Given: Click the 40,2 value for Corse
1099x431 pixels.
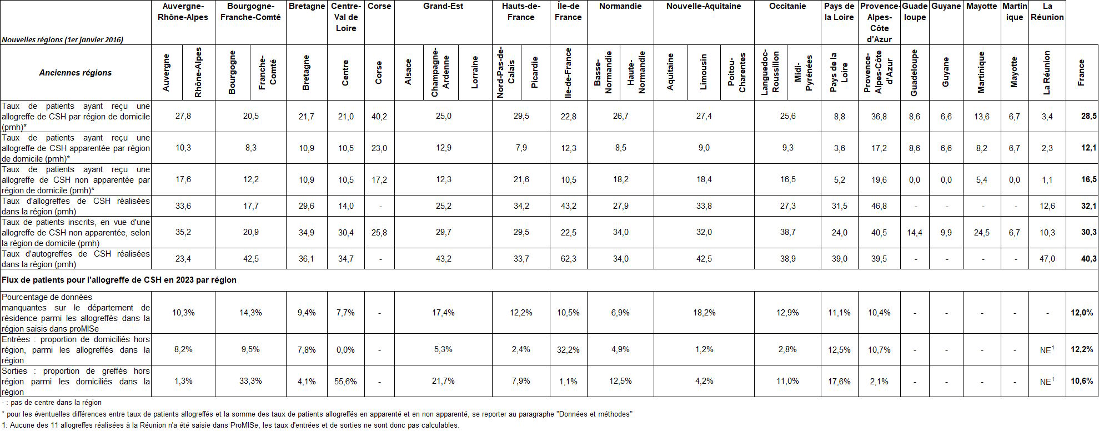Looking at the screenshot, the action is pyautogui.click(x=379, y=117).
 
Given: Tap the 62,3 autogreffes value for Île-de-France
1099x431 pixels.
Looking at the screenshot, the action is pyautogui.click(x=568, y=259).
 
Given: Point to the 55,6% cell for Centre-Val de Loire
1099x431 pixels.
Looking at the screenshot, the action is pyautogui.click(x=345, y=382).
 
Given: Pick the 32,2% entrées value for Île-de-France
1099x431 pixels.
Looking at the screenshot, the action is pyautogui.click(x=568, y=350).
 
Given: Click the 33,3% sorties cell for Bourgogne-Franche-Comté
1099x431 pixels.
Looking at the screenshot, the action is pyautogui.click(x=250, y=382).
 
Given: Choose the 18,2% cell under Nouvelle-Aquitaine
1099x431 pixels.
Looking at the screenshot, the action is pyautogui.click(x=704, y=313).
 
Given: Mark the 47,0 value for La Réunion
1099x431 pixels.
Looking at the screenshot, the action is pyautogui.click(x=1047, y=259).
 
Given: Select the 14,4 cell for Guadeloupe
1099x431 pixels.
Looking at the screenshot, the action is pyautogui.click(x=914, y=233).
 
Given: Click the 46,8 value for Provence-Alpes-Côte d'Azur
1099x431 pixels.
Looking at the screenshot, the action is pyautogui.click(x=879, y=206).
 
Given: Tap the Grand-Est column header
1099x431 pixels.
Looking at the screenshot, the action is pyautogui.click(x=443, y=6).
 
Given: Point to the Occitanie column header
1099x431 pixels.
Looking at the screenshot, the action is pyautogui.click(x=787, y=6).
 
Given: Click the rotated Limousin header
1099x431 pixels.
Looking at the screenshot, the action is pyautogui.click(x=704, y=72).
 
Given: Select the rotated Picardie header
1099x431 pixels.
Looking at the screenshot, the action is pyautogui.click(x=535, y=72).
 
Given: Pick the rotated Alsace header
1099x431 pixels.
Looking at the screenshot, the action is pyautogui.click(x=408, y=72).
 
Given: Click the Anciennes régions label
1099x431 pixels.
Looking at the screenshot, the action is pyautogui.click(x=76, y=73).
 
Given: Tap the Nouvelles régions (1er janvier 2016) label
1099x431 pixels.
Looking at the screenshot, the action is pyautogui.click(x=63, y=40).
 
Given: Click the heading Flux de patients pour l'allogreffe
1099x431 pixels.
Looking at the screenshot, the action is pyautogui.click(x=119, y=280).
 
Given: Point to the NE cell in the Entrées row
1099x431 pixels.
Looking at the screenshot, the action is pyautogui.click(x=1047, y=350).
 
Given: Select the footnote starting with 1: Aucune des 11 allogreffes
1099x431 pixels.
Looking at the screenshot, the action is pyautogui.click(x=230, y=425).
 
